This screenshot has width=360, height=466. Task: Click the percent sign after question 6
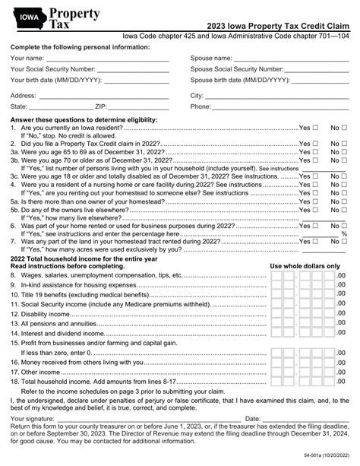click(x=346, y=234)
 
